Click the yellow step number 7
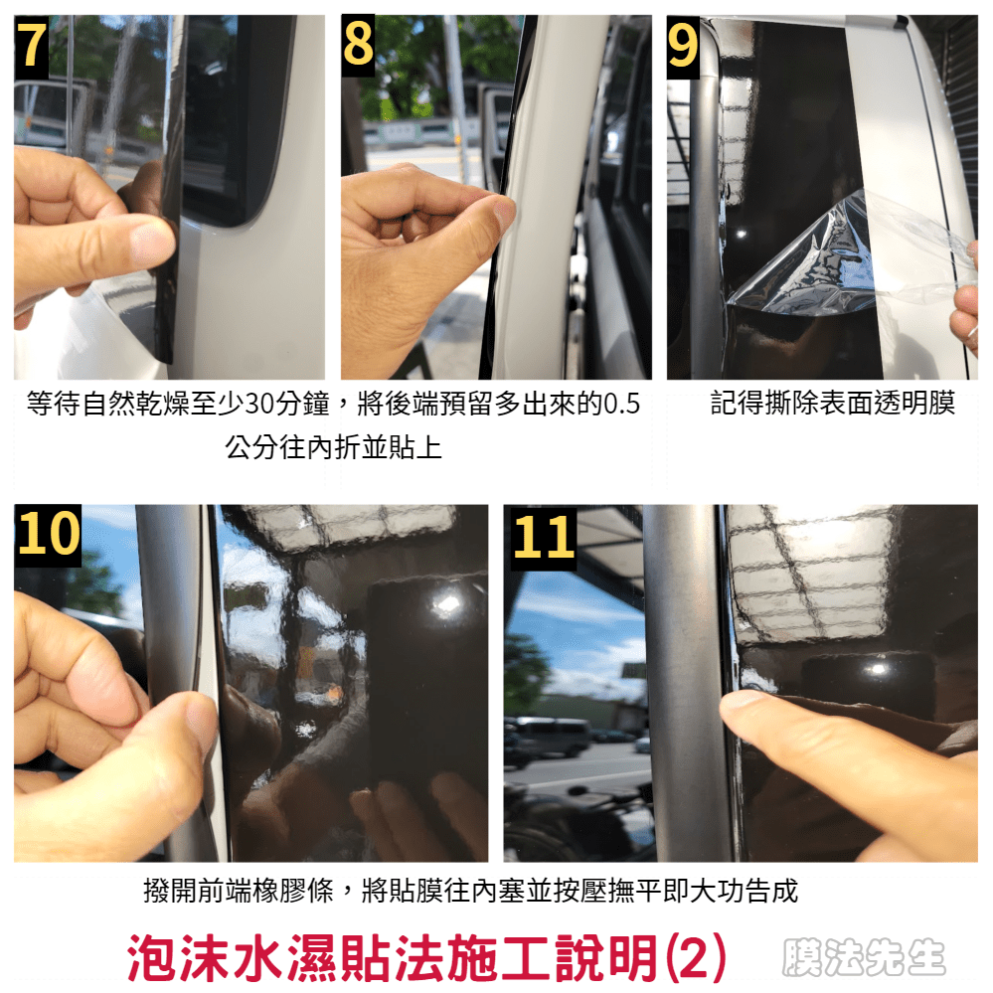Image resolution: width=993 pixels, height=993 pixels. click(32, 45)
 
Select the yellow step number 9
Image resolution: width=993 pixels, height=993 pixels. click(683, 45)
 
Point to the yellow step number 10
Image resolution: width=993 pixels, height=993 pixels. click(48, 533)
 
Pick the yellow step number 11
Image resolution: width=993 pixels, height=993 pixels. click(544, 537)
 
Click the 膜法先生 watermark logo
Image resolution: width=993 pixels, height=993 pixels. click(864, 957)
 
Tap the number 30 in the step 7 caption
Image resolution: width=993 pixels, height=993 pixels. click(259, 404)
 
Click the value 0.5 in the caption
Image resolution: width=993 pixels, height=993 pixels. click(621, 404)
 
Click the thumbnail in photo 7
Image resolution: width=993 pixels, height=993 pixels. click(153, 244)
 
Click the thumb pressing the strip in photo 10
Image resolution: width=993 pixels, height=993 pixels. click(184, 729)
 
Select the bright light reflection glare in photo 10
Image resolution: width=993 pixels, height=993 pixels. click(448, 603)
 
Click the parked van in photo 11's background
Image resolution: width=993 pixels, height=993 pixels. click(550, 737)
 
